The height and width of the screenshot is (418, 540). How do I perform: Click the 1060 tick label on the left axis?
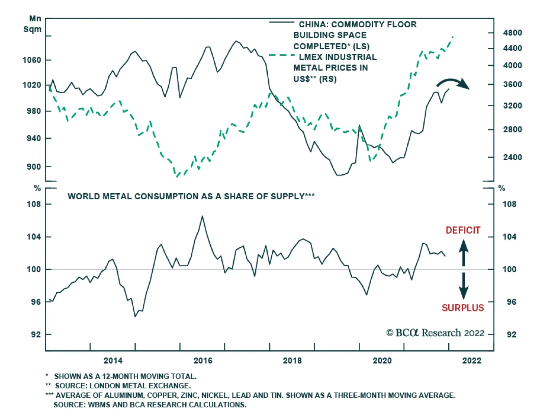(31, 60)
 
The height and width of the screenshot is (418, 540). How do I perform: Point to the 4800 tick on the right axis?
(512, 33)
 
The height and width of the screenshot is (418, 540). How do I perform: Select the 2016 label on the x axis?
(202, 361)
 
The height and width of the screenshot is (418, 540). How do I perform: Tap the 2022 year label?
(471, 361)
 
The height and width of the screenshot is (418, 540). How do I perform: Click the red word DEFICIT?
(463, 230)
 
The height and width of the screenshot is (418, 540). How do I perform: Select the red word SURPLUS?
(463, 308)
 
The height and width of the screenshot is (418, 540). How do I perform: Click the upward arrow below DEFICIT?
(463, 252)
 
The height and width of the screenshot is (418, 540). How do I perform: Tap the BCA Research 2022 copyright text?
(435, 333)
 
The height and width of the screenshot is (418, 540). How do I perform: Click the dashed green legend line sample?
(282, 55)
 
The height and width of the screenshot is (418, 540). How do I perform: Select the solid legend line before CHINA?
(282, 22)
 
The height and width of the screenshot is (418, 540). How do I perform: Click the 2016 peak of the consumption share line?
(202, 216)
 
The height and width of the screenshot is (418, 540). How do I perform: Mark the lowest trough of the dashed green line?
(177, 176)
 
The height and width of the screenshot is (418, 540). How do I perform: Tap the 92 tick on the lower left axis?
(36, 335)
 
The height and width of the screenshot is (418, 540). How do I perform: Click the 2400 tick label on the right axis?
(512, 157)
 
